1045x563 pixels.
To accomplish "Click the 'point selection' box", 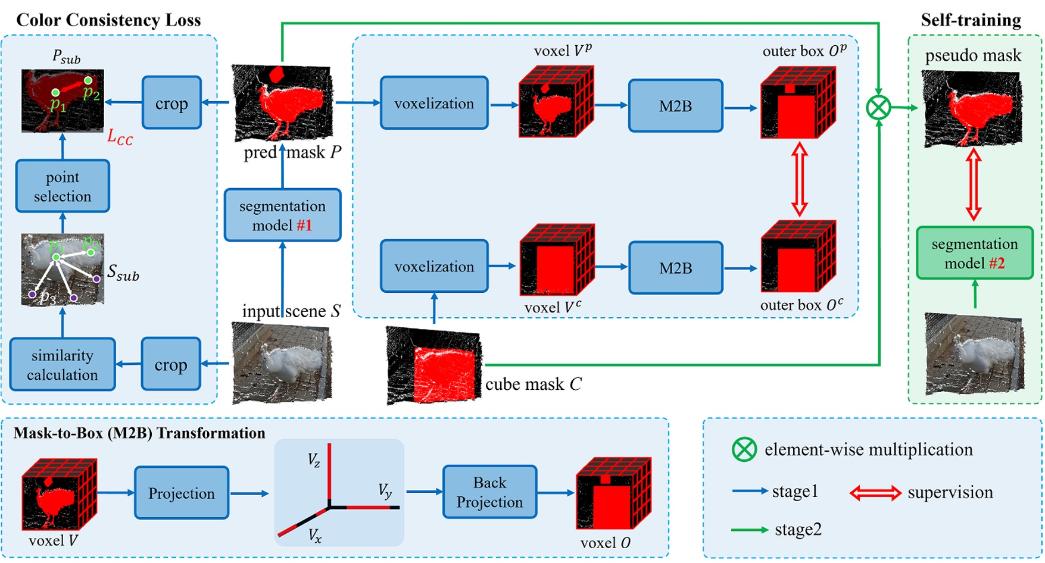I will coord(63,186).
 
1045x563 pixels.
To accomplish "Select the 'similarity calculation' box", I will coord(63,365).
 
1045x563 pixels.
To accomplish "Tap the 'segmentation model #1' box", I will coord(282,215).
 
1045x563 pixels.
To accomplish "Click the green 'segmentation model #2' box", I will coord(974,253).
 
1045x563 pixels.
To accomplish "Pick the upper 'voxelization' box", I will coord(434,104).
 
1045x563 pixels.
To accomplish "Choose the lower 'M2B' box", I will coord(675,268).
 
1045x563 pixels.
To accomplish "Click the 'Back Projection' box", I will coord(489,492).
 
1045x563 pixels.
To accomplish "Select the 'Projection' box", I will coord(182,493).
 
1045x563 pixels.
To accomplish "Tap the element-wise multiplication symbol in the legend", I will coord(744,449).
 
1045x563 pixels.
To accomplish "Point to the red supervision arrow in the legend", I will coord(875,493).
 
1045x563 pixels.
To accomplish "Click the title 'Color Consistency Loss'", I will coord(108,20).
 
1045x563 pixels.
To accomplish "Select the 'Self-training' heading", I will coord(971,20).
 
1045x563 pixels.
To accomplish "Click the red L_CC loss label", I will coord(120,137).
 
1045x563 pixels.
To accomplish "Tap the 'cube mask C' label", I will coord(533,384).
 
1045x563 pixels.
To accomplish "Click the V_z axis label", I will coord(314,460).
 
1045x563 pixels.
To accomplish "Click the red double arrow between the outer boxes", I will coord(798,179).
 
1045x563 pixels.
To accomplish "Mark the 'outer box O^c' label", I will coord(801,305).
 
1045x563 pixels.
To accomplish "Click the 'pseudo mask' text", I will coord(973,55).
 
